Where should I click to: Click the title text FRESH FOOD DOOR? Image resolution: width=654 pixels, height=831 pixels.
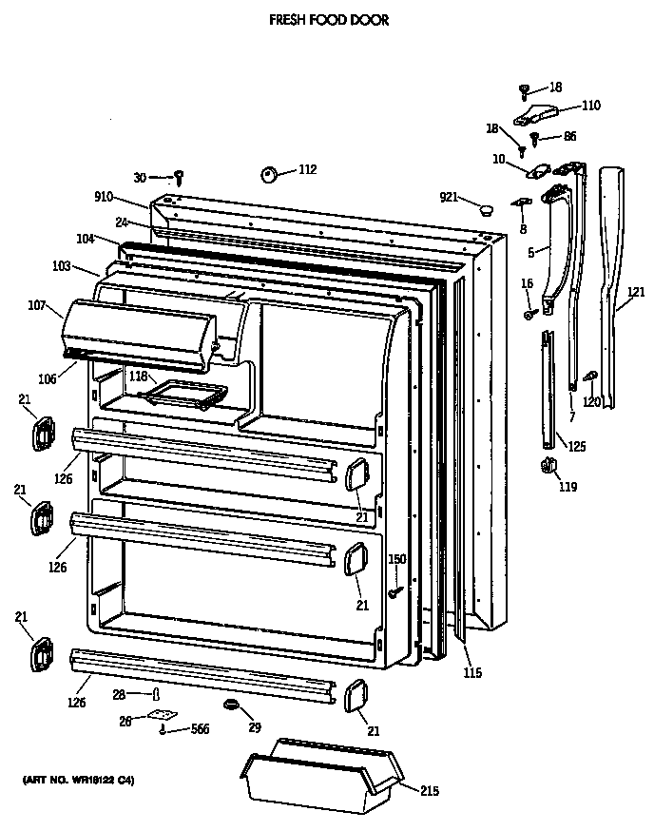point(329,19)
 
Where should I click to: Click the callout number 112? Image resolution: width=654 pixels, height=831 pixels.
point(307,170)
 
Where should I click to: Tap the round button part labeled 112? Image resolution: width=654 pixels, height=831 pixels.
point(268,174)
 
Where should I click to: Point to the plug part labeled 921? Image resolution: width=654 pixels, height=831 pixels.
point(485,210)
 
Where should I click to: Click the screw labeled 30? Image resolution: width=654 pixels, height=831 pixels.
point(179,177)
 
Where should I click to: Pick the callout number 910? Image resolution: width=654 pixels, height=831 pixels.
point(130,197)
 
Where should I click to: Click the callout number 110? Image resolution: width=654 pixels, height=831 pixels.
point(591,106)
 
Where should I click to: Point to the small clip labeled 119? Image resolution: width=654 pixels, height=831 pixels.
point(547,466)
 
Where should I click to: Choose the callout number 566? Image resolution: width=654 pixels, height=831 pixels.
point(199,729)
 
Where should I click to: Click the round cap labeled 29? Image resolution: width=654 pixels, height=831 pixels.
point(229,704)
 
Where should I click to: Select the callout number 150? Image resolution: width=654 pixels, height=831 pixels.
point(397,559)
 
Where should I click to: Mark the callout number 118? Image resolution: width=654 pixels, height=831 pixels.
point(137,377)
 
